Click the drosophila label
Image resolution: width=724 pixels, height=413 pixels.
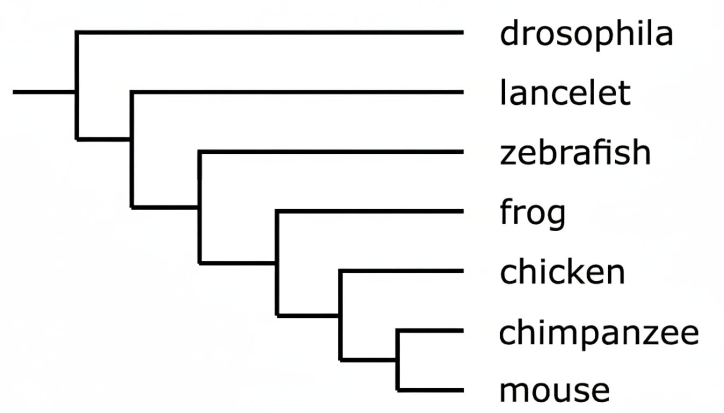586,35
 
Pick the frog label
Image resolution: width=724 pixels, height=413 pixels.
533,213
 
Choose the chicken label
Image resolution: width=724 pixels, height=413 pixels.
562,272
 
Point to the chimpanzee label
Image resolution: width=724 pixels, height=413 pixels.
598,333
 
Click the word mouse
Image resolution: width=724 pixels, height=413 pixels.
554,390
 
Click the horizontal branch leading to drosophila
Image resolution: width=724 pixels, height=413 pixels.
269,33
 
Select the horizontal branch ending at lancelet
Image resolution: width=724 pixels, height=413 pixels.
296,92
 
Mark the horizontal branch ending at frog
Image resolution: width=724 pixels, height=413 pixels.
370,212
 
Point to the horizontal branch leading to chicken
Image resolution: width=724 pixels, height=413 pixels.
401,272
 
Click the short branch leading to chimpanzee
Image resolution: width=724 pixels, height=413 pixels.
430,331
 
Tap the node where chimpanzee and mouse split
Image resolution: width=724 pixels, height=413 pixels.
398,359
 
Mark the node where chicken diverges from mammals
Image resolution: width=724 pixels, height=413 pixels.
340,315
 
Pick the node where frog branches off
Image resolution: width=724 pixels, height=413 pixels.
277,263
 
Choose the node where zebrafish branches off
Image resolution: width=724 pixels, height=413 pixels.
200,206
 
